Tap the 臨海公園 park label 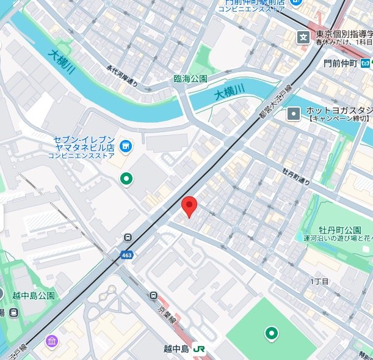click(x=191, y=79)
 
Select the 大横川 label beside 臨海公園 click(x=229, y=92)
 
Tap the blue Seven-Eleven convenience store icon click(x=125, y=145)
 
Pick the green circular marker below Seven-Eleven click(x=126, y=178)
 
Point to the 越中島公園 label click(x=34, y=295)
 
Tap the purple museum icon click(x=52, y=340)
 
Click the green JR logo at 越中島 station click(x=199, y=348)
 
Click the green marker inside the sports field click(x=270, y=333)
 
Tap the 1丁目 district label click(x=319, y=281)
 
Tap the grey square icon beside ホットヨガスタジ click(x=295, y=113)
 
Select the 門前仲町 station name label click(x=340, y=63)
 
